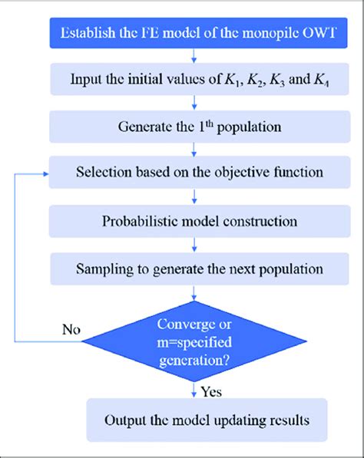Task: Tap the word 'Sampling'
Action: [x=102, y=269]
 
